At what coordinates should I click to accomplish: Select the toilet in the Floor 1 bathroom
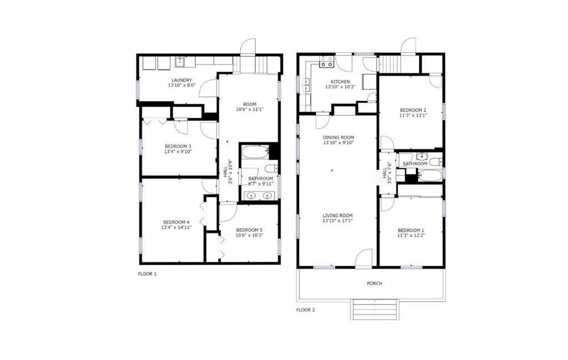271,169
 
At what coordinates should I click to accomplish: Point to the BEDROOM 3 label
177,146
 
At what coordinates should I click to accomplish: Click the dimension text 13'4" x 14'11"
176,227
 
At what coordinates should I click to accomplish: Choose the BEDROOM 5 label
249,230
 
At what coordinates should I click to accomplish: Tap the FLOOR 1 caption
147,273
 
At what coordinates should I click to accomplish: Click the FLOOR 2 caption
306,310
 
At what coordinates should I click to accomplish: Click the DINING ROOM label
338,137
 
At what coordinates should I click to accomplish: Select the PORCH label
374,283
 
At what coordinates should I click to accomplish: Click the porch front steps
375,309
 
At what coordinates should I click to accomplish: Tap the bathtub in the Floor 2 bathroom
430,176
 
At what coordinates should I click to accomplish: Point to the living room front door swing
364,258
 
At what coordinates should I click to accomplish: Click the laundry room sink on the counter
180,62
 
